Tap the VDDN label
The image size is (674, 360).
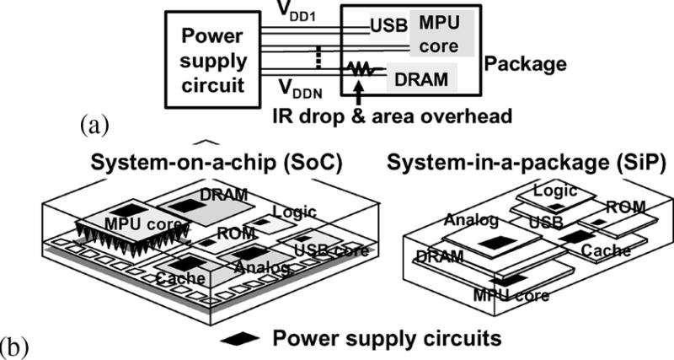tap(301, 89)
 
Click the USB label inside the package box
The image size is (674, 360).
tap(388, 26)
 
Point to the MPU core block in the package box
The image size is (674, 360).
tap(441, 34)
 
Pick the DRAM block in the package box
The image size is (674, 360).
tap(421, 78)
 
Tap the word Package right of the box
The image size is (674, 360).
tap(525, 64)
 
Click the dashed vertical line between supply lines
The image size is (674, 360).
tap(318, 56)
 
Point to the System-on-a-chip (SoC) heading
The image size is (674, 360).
tap(217, 164)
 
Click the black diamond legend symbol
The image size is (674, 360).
tap(239, 339)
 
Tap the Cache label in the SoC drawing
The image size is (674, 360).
tap(180, 278)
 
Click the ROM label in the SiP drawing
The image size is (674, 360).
tap(626, 207)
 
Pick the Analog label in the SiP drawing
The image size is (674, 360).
tap(471, 220)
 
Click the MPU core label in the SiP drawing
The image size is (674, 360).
tap(511, 295)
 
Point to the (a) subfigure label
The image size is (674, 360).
tap(94, 127)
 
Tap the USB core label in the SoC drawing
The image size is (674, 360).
tap(331, 249)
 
